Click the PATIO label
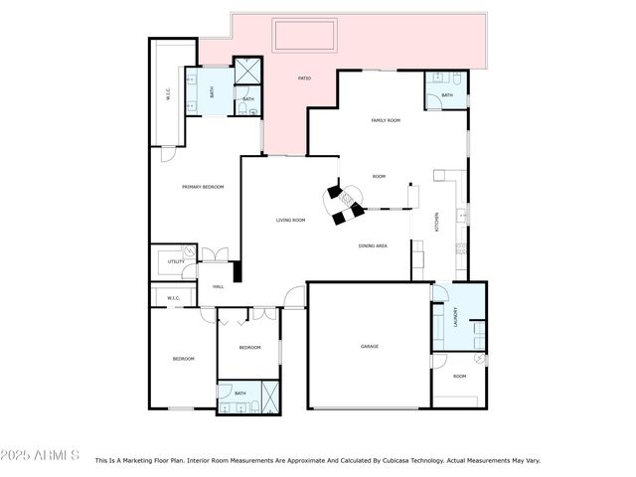pos(305,78)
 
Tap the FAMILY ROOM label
pos(386,120)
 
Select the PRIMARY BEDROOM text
pos(202,187)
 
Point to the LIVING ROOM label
pos(290,220)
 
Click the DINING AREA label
pos(373,245)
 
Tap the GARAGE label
pos(370,346)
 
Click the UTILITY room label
pos(176,261)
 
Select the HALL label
pos(219,287)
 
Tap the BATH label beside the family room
pos(447,95)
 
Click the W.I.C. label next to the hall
pos(173,297)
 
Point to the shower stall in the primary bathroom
pos(245,73)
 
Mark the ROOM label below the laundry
pos(459,377)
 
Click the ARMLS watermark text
pos(41,455)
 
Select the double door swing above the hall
pos(215,255)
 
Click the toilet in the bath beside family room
pos(452,79)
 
